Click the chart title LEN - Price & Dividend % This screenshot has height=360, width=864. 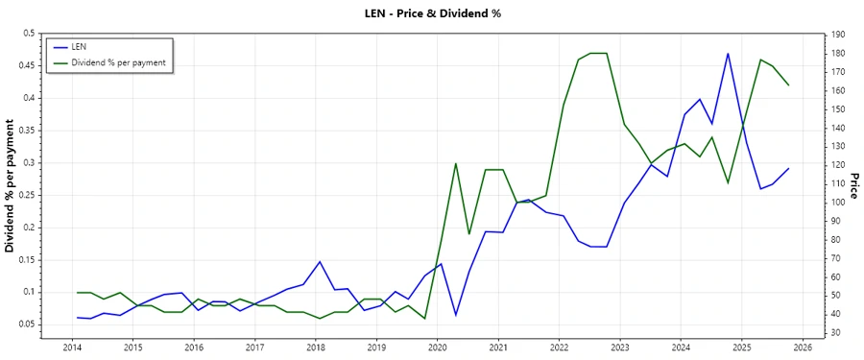(432, 13)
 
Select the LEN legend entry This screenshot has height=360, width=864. (78, 46)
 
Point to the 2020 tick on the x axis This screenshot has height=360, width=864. (437, 347)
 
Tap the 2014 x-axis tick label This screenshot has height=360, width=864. (72, 347)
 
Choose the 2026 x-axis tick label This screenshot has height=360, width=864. (803, 347)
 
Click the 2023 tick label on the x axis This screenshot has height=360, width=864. (620, 347)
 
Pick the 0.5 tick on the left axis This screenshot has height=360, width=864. (28, 34)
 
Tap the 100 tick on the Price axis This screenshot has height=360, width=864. (837, 203)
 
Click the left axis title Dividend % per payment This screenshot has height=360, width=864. (10, 185)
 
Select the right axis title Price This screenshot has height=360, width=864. (853, 185)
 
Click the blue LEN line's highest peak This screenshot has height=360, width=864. (728, 54)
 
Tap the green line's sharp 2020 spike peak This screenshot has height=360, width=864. (455, 163)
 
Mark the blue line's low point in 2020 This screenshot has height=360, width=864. (455, 315)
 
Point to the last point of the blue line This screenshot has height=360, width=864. (788, 169)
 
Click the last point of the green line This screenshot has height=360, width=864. (788, 85)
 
